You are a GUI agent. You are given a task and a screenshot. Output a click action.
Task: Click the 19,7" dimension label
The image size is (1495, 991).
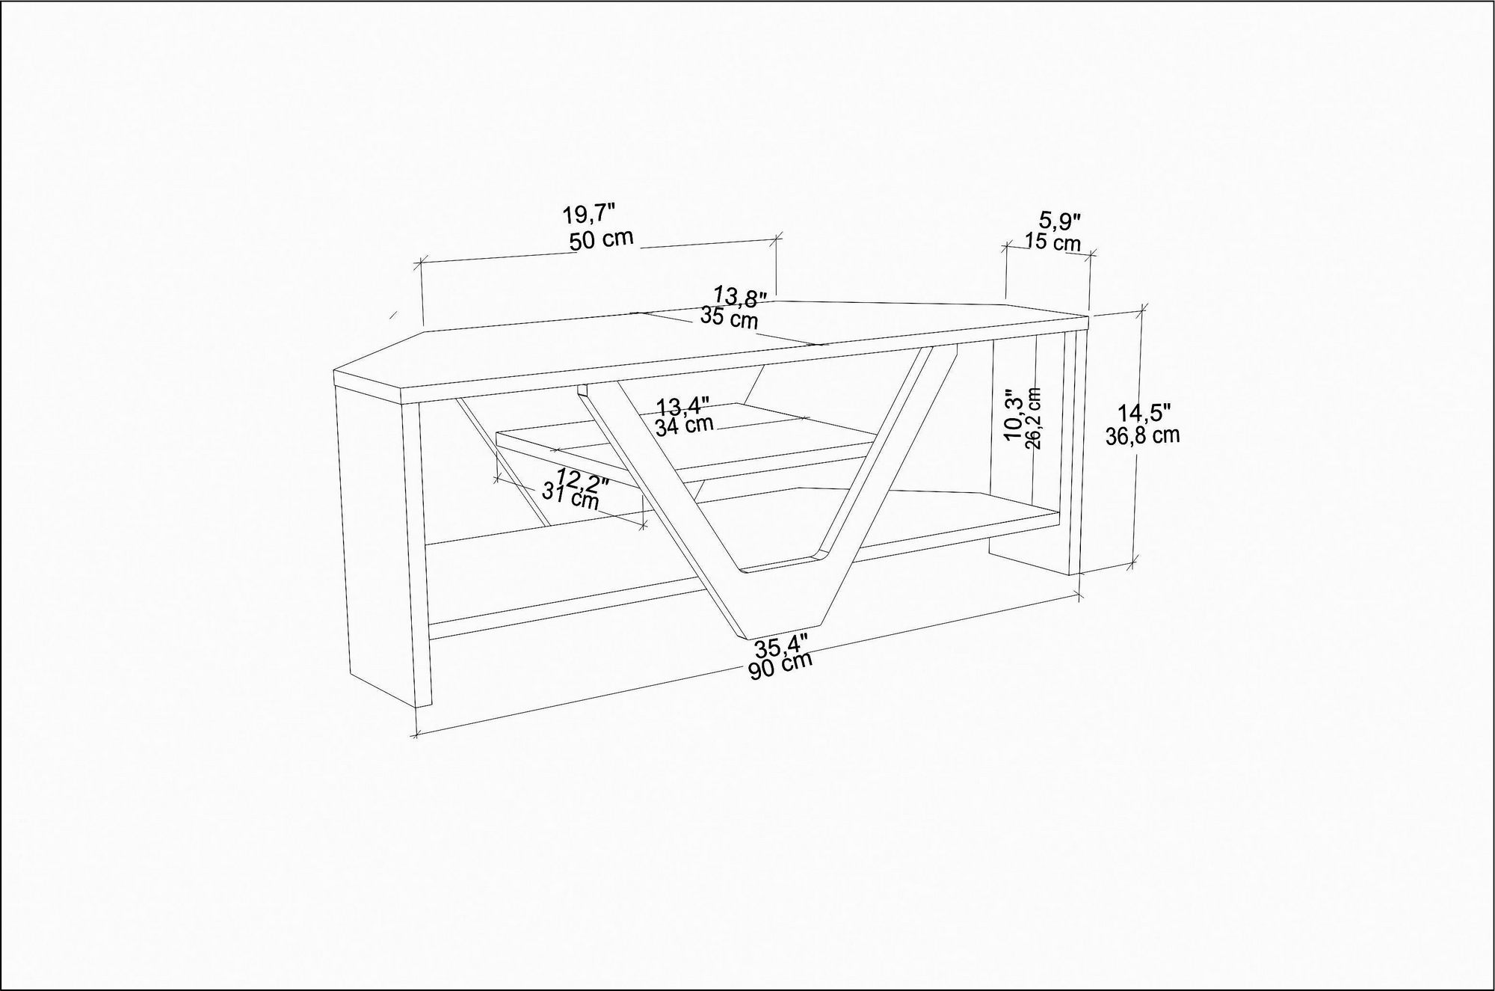588,215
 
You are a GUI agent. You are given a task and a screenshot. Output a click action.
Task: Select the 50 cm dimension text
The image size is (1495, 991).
601,240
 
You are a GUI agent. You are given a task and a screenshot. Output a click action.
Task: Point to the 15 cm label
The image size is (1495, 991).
1053,242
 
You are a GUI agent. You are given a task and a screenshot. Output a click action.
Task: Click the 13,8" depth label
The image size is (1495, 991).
740,296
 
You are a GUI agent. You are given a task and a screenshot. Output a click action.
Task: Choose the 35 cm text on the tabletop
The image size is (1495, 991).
729,319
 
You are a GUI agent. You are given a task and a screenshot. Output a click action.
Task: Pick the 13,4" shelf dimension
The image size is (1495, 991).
682,407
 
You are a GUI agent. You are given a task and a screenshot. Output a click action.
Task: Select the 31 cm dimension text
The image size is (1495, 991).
570,496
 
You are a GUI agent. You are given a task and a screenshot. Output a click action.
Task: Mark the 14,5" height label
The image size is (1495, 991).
1144,413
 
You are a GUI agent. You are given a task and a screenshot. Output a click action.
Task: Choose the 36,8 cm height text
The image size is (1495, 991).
1143,435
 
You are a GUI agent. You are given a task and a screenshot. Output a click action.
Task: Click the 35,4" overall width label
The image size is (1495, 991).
782,647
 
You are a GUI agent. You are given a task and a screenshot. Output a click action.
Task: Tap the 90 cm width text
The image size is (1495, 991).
780,666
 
